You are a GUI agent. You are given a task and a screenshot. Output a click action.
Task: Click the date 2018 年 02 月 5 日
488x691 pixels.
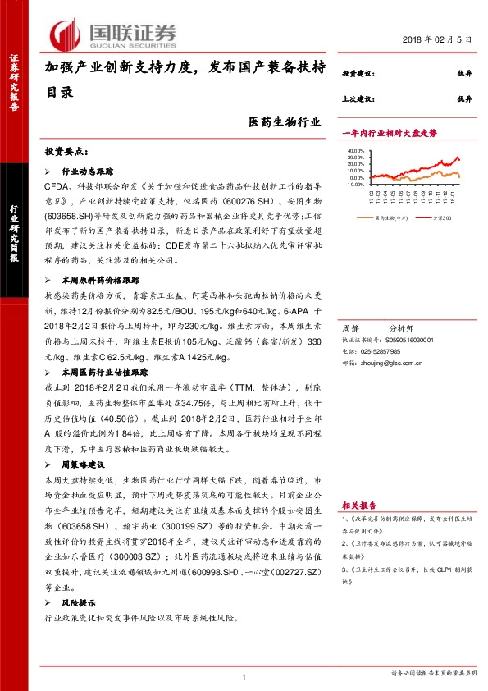click(439, 40)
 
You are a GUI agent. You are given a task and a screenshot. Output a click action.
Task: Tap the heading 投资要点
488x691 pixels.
click(65, 153)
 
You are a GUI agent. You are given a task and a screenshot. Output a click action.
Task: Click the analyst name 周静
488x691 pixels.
click(350, 326)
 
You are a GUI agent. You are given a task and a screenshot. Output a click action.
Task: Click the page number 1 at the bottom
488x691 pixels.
click(244, 675)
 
